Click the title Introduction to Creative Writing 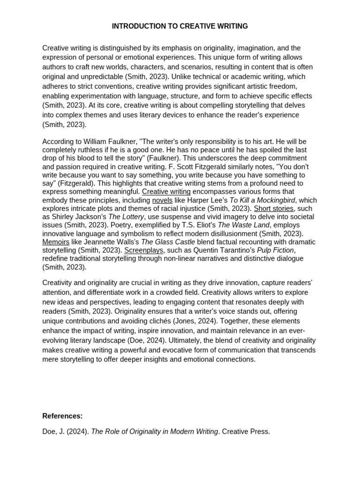click(180, 26)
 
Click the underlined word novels click(162, 200)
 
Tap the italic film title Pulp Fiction click(276, 250)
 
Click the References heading click(62, 416)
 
